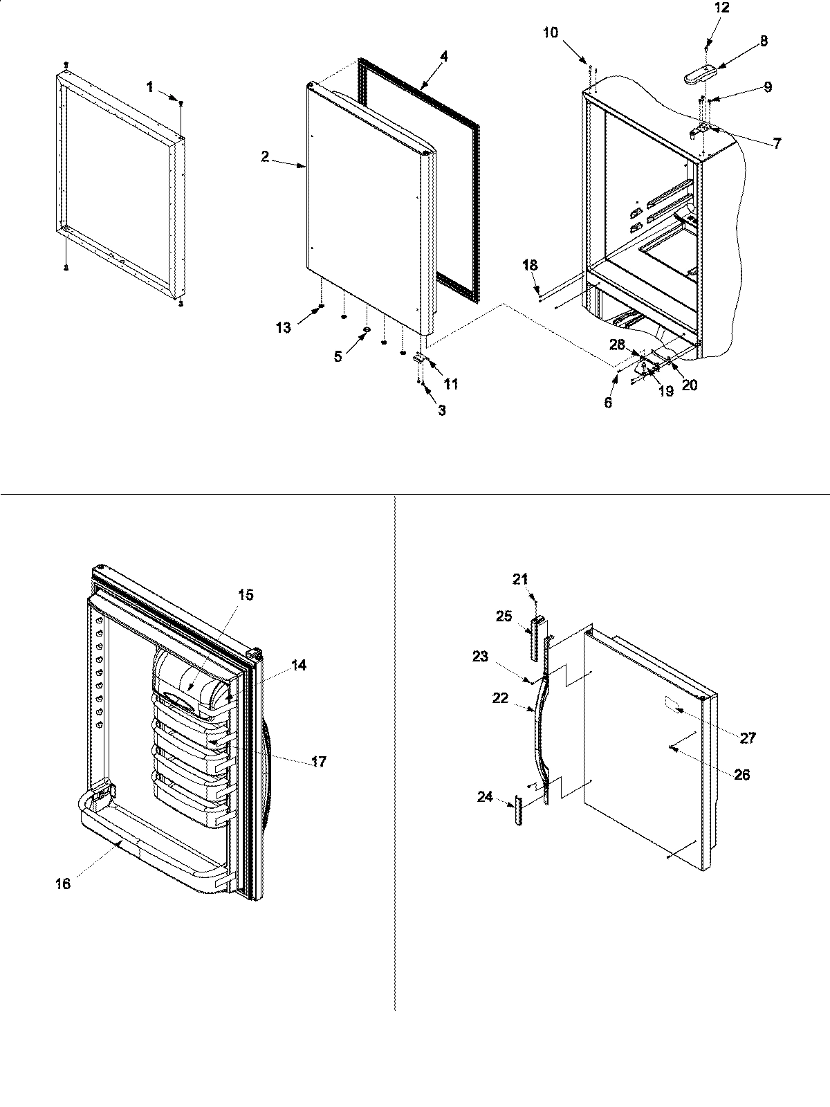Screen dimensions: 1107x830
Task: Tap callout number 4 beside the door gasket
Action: (444, 57)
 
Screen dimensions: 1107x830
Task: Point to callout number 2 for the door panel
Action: (266, 157)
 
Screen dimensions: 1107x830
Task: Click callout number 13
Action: (284, 328)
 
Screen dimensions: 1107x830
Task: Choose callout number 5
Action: (338, 357)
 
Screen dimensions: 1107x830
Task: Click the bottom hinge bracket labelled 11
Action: (420, 359)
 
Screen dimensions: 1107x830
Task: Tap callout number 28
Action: (617, 344)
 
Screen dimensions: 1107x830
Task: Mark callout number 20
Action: (690, 385)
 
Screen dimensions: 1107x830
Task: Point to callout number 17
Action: (319, 762)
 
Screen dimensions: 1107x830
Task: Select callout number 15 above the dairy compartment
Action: (246, 594)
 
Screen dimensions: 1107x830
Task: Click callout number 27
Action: (748, 738)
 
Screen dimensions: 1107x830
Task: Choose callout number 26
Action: (741, 775)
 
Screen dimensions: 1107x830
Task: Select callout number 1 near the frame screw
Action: (150, 86)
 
